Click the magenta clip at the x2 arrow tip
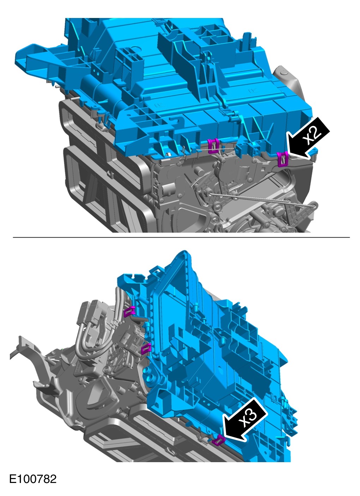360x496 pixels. (x=283, y=159)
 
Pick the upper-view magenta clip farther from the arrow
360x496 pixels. (x=213, y=146)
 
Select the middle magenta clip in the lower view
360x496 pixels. (x=146, y=349)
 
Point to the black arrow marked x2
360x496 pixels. (x=308, y=139)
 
